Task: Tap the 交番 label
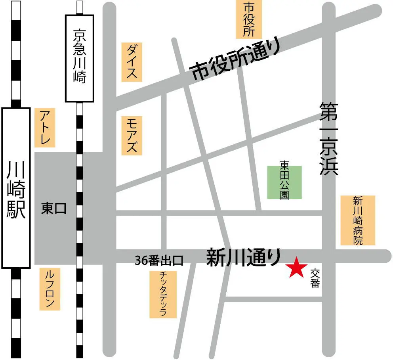(315, 278)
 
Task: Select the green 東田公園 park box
(284, 182)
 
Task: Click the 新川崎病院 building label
(358, 220)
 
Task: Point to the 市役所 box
(249, 19)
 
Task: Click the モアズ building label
(132, 135)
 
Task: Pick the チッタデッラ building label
(163, 294)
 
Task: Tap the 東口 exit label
(54, 209)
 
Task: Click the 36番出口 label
(159, 260)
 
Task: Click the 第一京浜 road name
(329, 139)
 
